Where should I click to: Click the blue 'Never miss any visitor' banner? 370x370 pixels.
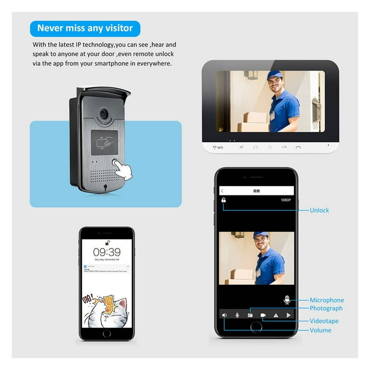click(85, 28)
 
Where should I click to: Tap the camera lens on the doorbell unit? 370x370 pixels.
click(104, 114)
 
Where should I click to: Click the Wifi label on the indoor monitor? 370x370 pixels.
click(218, 147)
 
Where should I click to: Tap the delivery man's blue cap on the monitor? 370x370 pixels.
click(275, 75)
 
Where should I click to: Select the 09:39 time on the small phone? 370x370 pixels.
click(106, 252)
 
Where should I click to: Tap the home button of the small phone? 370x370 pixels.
click(106, 333)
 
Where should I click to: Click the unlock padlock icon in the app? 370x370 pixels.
click(224, 200)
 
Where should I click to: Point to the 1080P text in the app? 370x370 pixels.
click(287, 200)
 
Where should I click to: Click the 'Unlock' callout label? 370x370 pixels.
click(319, 210)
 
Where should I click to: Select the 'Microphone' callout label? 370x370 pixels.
click(327, 300)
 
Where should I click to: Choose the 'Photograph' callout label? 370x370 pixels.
click(326, 308)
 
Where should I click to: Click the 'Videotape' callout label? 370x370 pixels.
click(324, 321)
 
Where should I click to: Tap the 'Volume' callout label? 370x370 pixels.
click(320, 330)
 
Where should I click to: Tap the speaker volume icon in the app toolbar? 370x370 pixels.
click(224, 315)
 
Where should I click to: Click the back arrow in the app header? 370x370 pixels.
click(222, 191)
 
